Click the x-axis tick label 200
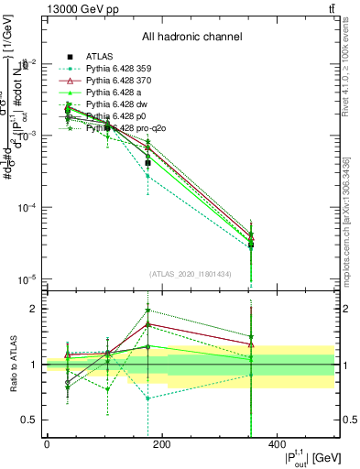[161, 444]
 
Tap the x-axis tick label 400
[278, 444]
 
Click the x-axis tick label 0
[47, 444]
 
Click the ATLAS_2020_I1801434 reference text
[191, 274]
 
